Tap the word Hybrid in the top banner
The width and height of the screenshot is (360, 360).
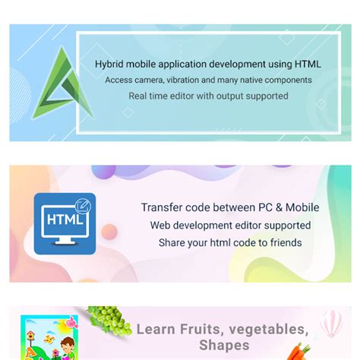109,65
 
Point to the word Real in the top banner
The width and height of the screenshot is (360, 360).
137,96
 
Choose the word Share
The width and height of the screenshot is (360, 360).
172,243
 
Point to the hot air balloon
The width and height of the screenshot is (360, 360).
332,324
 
